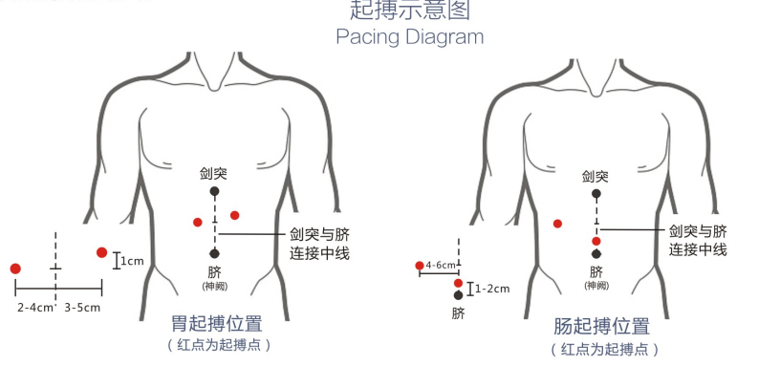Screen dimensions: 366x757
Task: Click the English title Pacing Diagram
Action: click(x=409, y=37)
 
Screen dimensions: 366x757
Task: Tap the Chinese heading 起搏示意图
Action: click(x=409, y=11)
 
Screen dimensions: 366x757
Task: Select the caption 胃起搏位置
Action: click(x=217, y=324)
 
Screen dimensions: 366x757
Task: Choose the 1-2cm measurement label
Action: click(x=493, y=288)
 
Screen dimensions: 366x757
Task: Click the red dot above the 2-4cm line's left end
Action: click(x=15, y=269)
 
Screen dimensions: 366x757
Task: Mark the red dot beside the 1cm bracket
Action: click(x=101, y=252)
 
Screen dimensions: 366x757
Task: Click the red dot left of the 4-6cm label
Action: click(x=419, y=265)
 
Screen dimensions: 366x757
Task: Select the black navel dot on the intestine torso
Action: click(x=596, y=254)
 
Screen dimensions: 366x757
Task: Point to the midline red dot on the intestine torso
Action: click(x=596, y=241)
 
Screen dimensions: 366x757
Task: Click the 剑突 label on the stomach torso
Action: click(x=213, y=174)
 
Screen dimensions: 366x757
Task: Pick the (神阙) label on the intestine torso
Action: click(x=596, y=285)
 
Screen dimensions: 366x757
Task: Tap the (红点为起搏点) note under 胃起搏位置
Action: click(x=218, y=345)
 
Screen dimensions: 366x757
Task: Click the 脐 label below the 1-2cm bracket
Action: click(x=458, y=312)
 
